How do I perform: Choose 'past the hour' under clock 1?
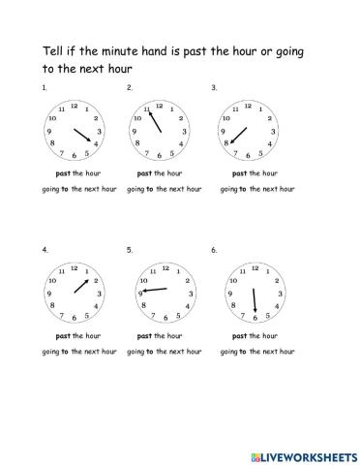pos(74,174)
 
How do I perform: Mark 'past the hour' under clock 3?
pos(252,174)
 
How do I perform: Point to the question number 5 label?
pos(129,249)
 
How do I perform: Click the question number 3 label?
pos(213,88)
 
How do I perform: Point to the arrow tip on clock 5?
pos(143,292)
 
